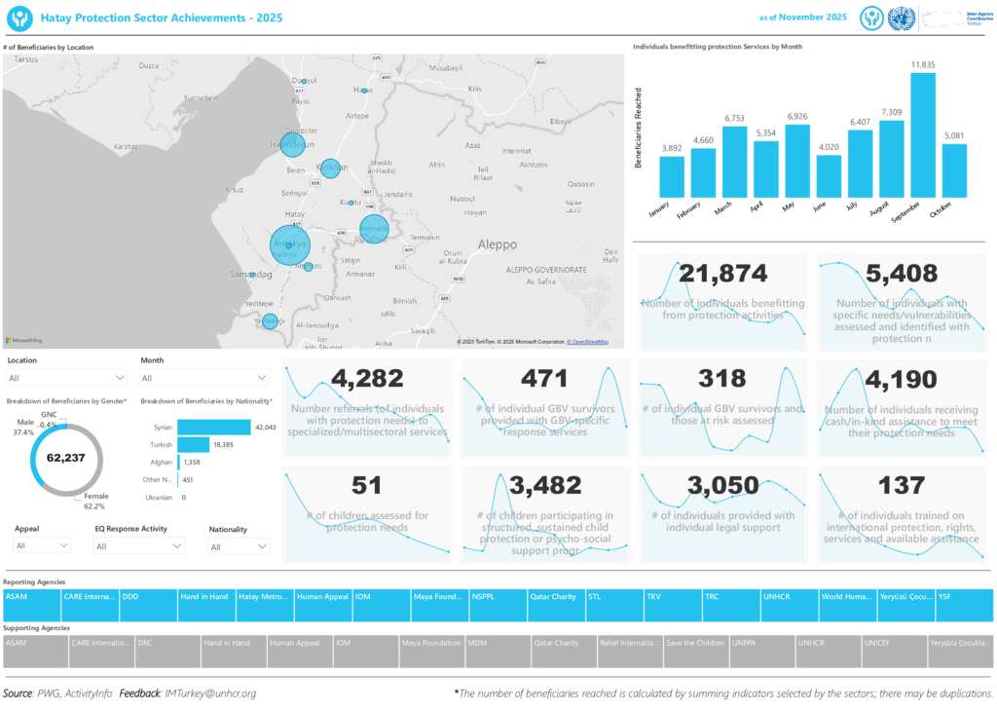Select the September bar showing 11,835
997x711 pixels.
coord(923,135)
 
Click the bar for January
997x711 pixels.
coord(672,176)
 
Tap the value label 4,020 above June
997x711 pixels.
coord(829,148)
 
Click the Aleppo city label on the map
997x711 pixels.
coord(498,244)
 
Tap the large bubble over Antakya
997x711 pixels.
coord(289,243)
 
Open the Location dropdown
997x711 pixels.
coord(66,378)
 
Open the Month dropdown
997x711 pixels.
coord(204,378)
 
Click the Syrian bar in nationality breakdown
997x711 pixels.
coord(214,428)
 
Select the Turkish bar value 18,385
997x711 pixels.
coord(226,444)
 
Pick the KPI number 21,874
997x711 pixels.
coord(722,275)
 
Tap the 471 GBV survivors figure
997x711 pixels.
coord(544,379)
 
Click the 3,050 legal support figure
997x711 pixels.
coord(722,485)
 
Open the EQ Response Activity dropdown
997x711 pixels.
coord(139,547)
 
